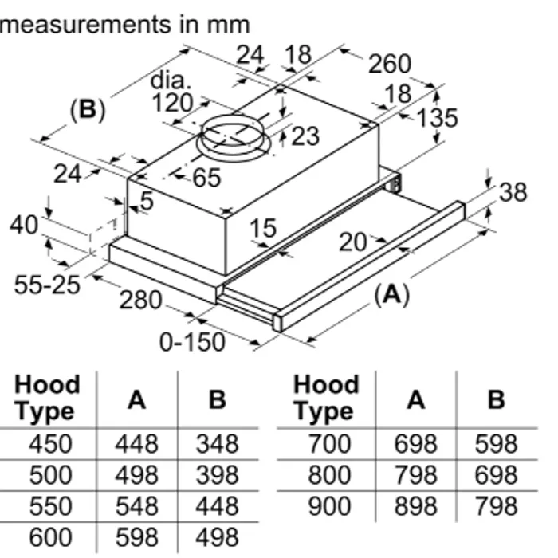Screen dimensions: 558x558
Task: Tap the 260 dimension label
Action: (389, 65)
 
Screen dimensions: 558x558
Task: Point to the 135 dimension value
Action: (437, 118)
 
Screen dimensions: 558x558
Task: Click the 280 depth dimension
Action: (140, 301)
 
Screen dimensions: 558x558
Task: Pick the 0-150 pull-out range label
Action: (192, 342)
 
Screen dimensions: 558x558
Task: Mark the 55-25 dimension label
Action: (47, 284)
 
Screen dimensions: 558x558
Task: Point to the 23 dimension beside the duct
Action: (304, 136)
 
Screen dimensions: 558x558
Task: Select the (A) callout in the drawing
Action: (391, 296)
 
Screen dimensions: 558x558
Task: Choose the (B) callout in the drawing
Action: (88, 109)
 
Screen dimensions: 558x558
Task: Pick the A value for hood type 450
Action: (136, 443)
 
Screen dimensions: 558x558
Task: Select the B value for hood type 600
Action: (217, 537)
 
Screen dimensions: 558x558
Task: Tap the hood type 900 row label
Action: (328, 505)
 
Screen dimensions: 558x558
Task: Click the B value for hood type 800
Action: (496, 475)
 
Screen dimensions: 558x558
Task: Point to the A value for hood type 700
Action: (415, 443)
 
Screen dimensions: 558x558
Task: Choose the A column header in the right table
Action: (415, 399)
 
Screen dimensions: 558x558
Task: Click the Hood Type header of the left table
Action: (48, 398)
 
